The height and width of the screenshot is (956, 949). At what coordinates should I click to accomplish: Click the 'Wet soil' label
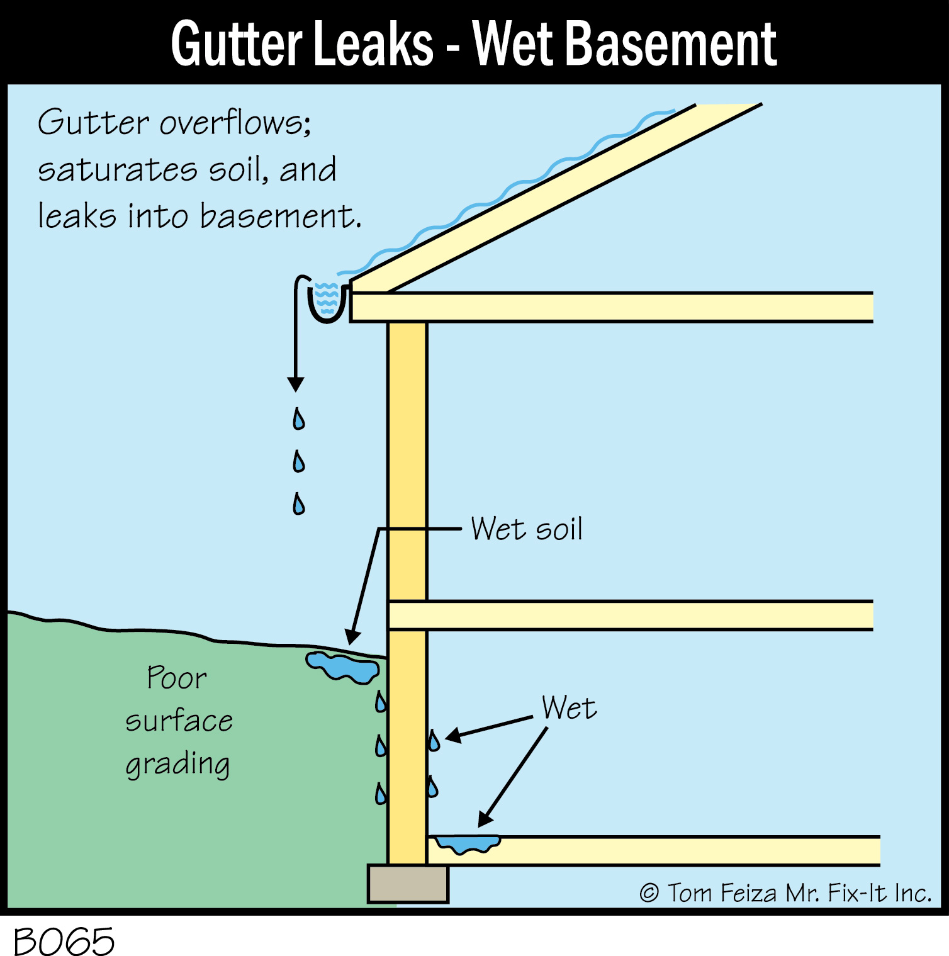click(x=527, y=529)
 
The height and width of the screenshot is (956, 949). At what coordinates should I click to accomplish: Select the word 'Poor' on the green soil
click(x=176, y=678)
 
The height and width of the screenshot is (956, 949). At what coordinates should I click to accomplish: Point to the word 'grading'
click(x=178, y=765)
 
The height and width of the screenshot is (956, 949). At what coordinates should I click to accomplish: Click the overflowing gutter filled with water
click(x=327, y=300)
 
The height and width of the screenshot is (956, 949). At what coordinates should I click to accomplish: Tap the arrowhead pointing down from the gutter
click(x=296, y=384)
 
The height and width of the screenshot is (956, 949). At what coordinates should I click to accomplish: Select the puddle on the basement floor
click(x=468, y=843)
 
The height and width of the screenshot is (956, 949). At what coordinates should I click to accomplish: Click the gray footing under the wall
click(x=408, y=884)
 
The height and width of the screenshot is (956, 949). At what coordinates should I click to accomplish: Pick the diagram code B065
click(x=64, y=942)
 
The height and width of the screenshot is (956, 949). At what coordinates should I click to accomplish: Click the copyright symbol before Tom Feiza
click(x=649, y=893)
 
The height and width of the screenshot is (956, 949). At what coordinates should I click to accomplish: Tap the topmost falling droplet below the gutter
click(x=299, y=419)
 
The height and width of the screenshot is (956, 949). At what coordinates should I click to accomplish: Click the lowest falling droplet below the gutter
click(x=299, y=503)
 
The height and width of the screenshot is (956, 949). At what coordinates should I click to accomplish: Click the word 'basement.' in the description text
click(x=281, y=216)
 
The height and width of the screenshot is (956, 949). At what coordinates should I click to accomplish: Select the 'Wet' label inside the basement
click(x=569, y=708)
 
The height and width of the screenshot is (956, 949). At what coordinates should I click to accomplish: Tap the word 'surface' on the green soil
click(x=179, y=721)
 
